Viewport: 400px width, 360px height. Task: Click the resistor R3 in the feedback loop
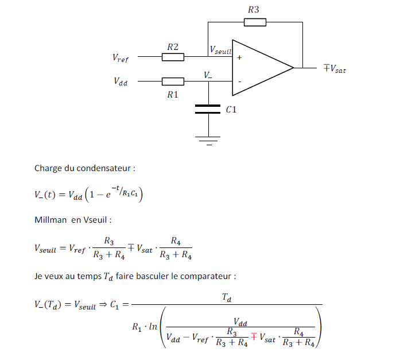(255, 22)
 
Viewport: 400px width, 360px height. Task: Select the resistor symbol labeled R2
(173, 57)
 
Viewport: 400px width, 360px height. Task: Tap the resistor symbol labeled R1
(173, 82)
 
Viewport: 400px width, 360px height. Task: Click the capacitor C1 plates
(208, 109)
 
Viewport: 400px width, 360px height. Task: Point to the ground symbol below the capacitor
(208, 138)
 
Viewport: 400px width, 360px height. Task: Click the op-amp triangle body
(258, 68)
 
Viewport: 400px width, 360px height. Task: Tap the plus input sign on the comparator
(239, 57)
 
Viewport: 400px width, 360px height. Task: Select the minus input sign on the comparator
(239, 82)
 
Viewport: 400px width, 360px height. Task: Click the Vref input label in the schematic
(121, 57)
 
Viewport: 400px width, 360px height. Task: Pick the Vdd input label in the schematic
(121, 82)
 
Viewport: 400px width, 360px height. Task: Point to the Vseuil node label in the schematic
(220, 51)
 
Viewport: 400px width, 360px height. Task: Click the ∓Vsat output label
(335, 68)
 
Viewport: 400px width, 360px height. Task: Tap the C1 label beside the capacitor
(231, 109)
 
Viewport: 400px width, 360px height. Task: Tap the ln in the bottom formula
(153, 328)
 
